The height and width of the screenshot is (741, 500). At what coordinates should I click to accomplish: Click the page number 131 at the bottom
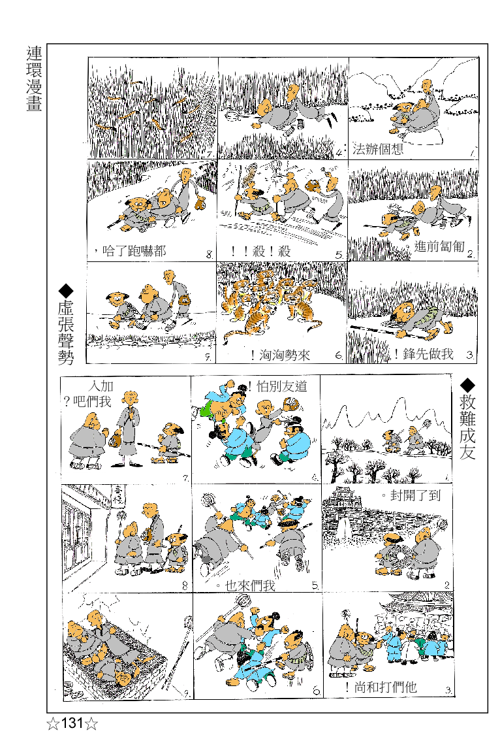(72, 723)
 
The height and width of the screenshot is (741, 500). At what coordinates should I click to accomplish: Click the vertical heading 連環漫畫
(35, 78)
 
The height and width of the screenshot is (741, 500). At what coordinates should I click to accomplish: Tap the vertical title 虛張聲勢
(66, 333)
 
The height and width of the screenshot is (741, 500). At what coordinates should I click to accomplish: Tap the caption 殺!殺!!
(260, 251)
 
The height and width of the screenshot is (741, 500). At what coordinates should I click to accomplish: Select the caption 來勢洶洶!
(280, 355)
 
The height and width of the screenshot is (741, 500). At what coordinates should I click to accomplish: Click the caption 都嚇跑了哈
(129, 250)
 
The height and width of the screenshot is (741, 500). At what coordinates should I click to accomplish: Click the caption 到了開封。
(411, 495)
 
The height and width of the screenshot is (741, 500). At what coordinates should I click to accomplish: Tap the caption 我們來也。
(245, 585)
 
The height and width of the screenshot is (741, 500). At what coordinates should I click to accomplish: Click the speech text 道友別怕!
(277, 387)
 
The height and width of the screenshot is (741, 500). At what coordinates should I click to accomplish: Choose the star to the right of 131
(91, 723)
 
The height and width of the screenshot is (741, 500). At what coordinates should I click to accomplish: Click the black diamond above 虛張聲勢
(66, 290)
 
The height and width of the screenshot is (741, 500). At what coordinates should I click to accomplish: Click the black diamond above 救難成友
(467, 385)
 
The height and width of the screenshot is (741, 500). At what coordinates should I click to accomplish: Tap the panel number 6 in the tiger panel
(339, 355)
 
